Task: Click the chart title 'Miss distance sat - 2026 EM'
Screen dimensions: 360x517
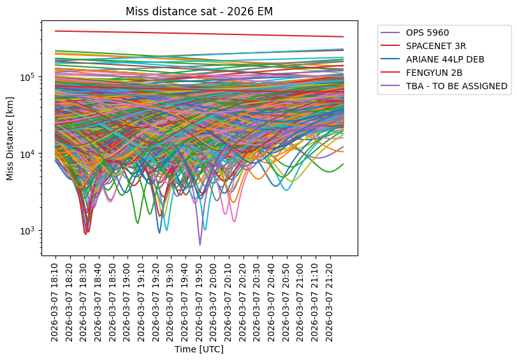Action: (x=200, y=12)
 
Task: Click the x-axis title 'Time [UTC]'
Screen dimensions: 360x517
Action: (x=200, y=350)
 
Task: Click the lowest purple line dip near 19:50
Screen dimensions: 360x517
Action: (x=200, y=245)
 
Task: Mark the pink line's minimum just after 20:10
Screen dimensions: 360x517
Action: (x=234, y=221)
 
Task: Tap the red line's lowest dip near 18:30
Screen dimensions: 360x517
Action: (x=85, y=234)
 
